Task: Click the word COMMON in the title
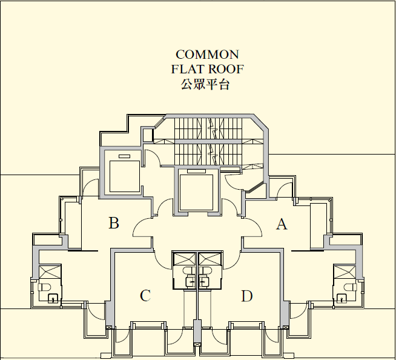[x=207, y=55]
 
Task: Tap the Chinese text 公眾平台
[x=205, y=84]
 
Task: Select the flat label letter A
[x=282, y=224]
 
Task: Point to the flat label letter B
[x=114, y=223]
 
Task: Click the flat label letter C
[x=145, y=296]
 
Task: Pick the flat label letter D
[x=247, y=296]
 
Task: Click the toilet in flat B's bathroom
[x=44, y=287]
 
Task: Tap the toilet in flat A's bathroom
[x=351, y=287]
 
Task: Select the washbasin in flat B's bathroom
[x=53, y=298]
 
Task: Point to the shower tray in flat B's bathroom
[x=50, y=272]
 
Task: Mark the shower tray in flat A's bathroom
[x=345, y=272]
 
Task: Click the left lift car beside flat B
[x=125, y=176]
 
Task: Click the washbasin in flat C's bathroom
[x=191, y=282]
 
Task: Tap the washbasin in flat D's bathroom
[x=204, y=282]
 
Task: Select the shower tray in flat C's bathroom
[x=185, y=259]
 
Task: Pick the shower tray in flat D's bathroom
[x=210, y=259]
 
